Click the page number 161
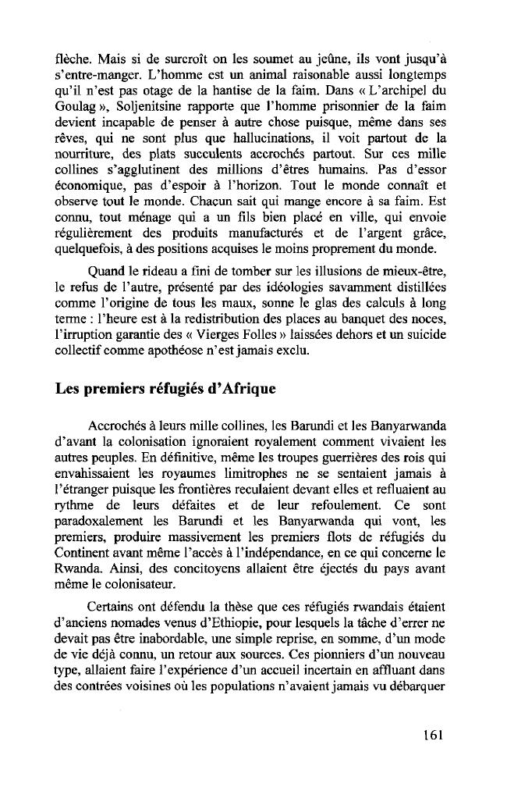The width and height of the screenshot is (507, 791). (432, 735)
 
